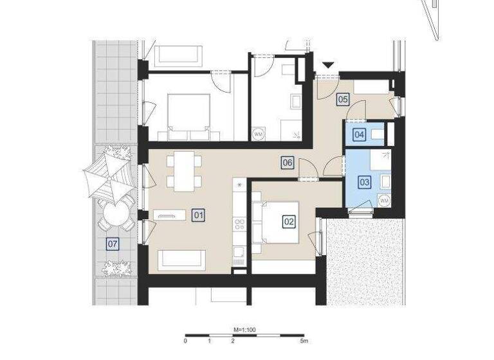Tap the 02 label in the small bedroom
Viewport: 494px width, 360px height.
289,222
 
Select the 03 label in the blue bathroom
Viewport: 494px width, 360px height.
364,182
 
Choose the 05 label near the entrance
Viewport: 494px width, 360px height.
343,99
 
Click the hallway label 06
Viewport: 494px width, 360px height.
288,163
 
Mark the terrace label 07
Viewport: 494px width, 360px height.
113,244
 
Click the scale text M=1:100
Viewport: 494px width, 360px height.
244,329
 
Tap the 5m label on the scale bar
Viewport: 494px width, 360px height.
304,341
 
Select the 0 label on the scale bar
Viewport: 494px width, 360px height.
185,341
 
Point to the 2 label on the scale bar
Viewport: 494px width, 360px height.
232,341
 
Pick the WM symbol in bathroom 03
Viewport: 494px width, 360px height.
384,201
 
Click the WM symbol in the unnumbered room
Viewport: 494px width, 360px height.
259,134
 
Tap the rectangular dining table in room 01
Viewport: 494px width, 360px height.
184,170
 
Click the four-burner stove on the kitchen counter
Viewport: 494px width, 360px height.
240,224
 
